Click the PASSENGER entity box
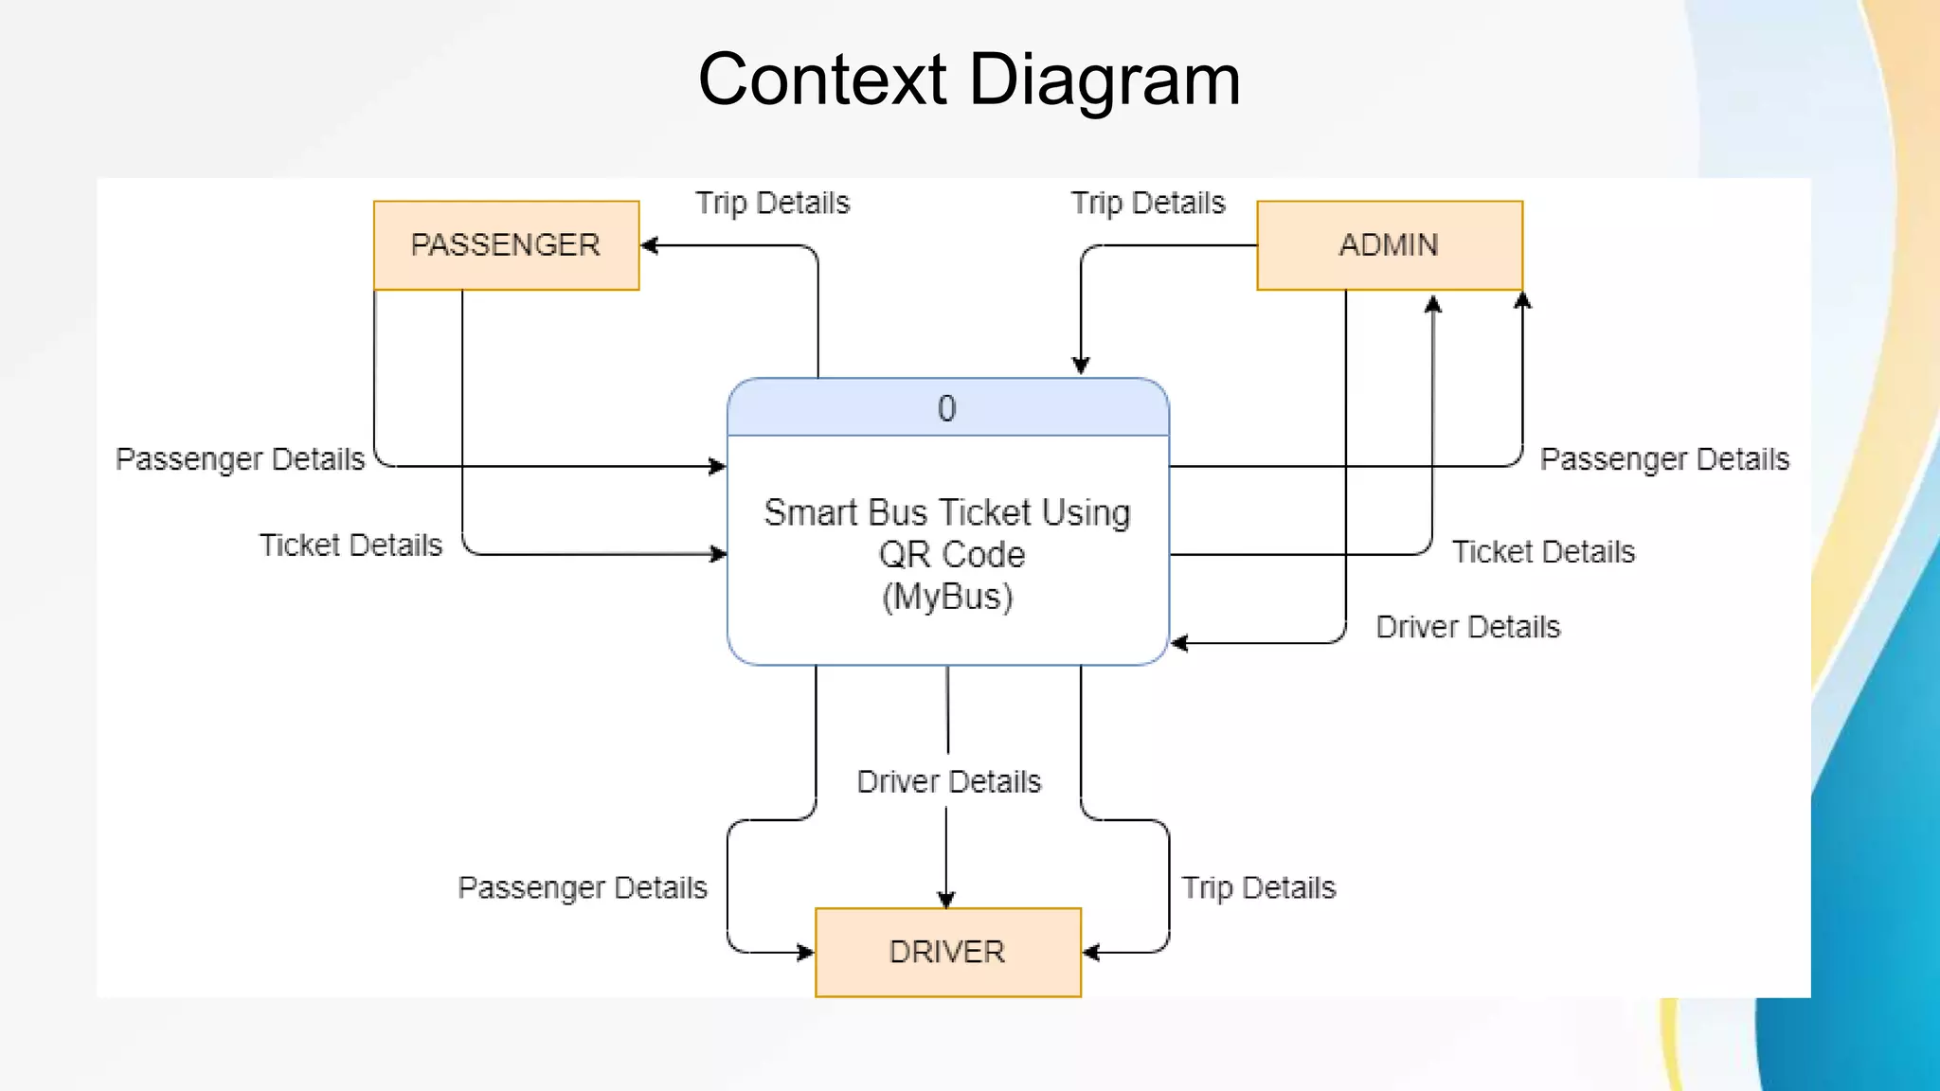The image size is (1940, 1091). pyautogui.click(x=506, y=245)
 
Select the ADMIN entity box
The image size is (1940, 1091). pyautogui.click(x=1389, y=245)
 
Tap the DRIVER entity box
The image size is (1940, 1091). pyautogui.click(x=947, y=952)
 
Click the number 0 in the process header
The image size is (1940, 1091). pyautogui.click(x=946, y=408)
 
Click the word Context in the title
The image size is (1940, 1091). pyautogui.click(x=821, y=80)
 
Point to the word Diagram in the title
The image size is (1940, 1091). pyautogui.click(x=1105, y=80)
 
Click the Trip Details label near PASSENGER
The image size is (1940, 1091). pyautogui.click(x=772, y=203)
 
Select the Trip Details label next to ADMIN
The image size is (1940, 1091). pyautogui.click(x=1147, y=203)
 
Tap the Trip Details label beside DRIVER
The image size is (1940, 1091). pyautogui.click(x=1258, y=887)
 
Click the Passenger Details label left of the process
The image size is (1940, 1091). pyautogui.click(x=240, y=459)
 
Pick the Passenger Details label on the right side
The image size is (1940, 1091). pyautogui.click(x=1664, y=459)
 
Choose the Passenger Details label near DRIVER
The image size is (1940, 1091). pyautogui.click(x=582, y=887)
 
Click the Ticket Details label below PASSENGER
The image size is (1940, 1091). pyautogui.click(x=350, y=545)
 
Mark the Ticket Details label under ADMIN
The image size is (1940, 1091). pyautogui.click(x=1543, y=552)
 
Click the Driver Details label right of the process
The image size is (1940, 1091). pyautogui.click(x=1467, y=627)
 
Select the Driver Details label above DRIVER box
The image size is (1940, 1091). pyautogui.click(x=948, y=781)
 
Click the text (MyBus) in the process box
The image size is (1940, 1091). pyautogui.click(x=947, y=597)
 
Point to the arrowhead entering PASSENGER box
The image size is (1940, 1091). pyautogui.click(x=649, y=245)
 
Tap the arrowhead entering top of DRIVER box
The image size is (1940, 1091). pyautogui.click(x=946, y=900)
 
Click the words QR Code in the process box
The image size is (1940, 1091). pyautogui.click(x=951, y=554)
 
